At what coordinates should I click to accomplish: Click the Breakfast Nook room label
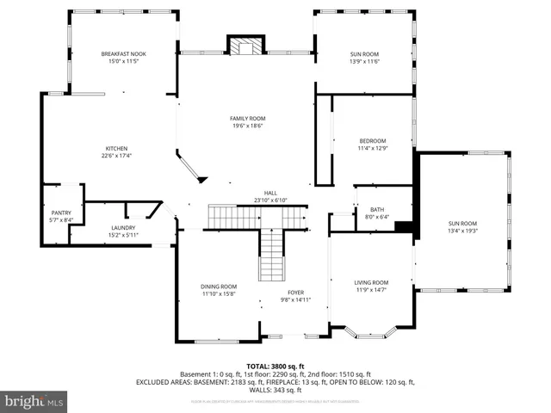[x=123, y=54]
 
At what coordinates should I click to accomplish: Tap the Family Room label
[x=247, y=118]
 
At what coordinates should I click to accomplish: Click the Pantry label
[x=60, y=213]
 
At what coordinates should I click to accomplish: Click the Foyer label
[x=294, y=293]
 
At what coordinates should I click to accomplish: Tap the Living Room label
[x=371, y=282]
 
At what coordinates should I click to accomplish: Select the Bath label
[x=377, y=209]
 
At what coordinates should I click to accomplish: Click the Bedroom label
[x=373, y=141]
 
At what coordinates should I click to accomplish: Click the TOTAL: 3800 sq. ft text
[x=271, y=366]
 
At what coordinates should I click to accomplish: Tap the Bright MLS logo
[x=34, y=401]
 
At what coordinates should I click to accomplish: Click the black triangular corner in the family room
[x=202, y=179]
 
